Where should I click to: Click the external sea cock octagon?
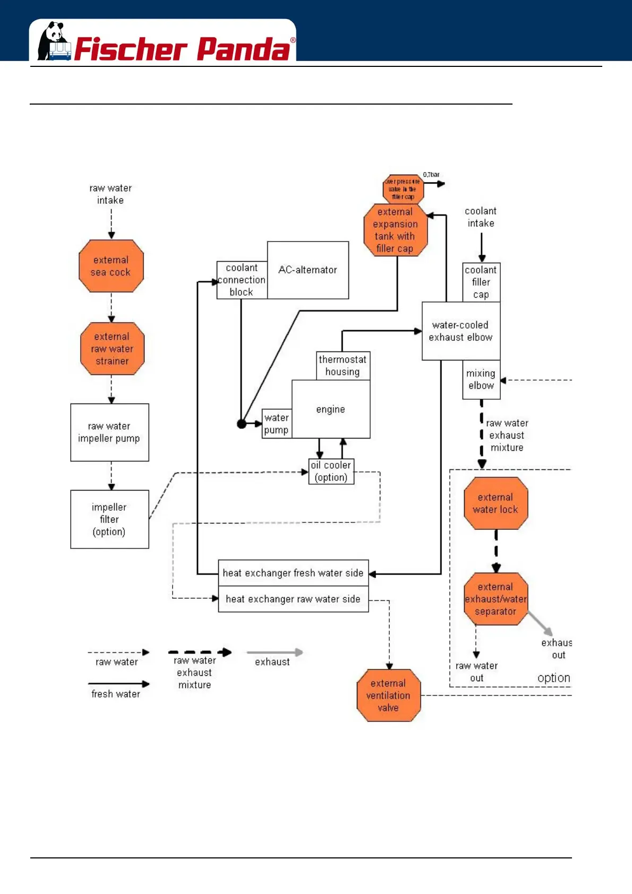coord(111,266)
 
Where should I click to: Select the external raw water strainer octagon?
coord(112,349)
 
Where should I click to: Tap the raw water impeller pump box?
coord(109,432)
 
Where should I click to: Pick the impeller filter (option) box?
coord(109,519)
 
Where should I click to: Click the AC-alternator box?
coord(308,270)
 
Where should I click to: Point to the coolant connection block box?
coord(242,280)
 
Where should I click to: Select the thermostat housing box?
coord(343,365)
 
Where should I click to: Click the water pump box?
coord(277,424)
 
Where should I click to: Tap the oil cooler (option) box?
coord(331,471)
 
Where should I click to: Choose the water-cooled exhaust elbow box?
coord(460,331)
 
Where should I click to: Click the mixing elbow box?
coord(481,380)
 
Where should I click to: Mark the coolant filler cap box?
coord(481,282)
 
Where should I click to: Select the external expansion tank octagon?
coord(395,230)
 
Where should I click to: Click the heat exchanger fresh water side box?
coord(293,573)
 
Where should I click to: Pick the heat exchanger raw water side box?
coord(293,599)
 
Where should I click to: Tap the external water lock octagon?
coord(496,503)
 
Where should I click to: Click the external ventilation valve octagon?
coord(388,695)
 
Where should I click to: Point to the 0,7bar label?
coord(431,175)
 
